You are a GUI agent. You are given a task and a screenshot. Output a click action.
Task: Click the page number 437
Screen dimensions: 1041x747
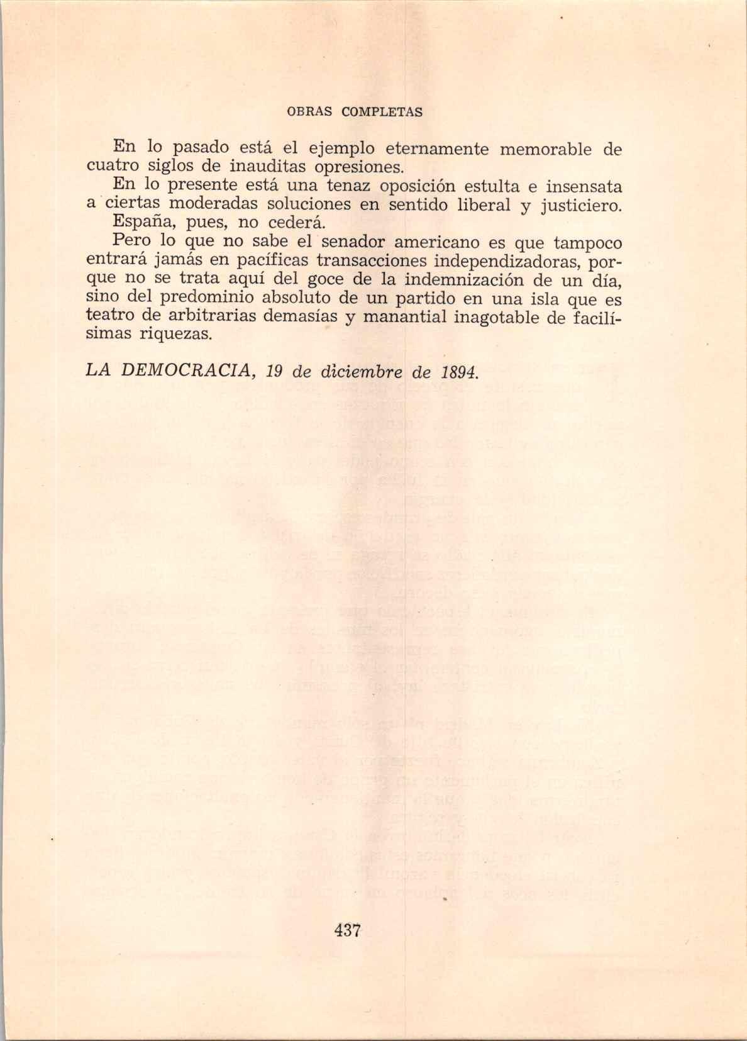[x=347, y=930]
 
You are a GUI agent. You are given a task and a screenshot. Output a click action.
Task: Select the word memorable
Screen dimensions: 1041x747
[x=546, y=150]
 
